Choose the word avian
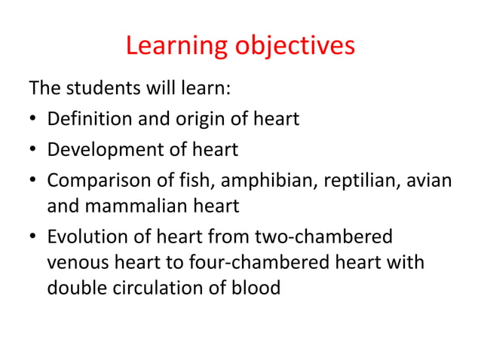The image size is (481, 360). [x=429, y=181]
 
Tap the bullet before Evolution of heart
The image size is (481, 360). [x=34, y=237]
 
